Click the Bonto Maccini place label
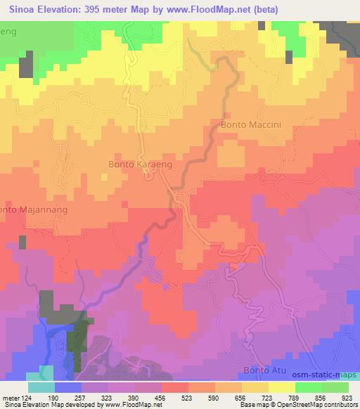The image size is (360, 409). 251,125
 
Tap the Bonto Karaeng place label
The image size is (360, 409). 141,164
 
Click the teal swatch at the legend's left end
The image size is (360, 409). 41,387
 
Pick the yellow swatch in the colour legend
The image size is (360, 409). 281,387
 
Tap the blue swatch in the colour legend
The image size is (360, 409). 68,387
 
